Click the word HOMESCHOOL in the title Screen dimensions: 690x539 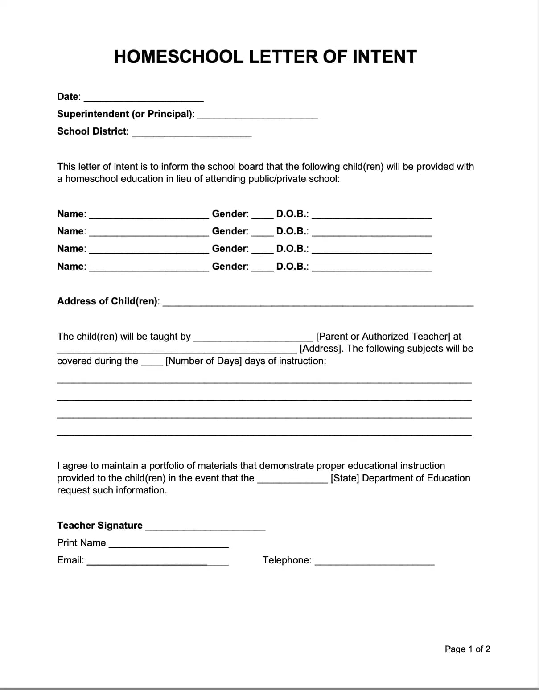178,57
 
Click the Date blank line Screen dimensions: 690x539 144,98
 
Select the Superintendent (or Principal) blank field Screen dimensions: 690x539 257,115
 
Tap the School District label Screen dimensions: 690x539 92,131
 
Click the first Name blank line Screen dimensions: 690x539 149,215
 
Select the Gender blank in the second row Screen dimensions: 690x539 262,233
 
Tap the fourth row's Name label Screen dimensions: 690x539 71,267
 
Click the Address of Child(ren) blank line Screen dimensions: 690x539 318,303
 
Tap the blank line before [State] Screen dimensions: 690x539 292,480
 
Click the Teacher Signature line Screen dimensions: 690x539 205,527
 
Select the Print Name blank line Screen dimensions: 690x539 169,544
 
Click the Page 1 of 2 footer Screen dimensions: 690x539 467,649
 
